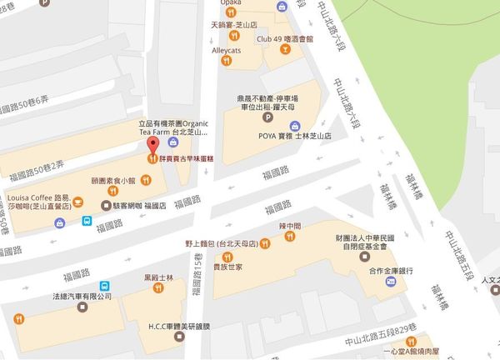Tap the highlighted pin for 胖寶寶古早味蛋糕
152,156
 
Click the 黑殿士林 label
157,277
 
